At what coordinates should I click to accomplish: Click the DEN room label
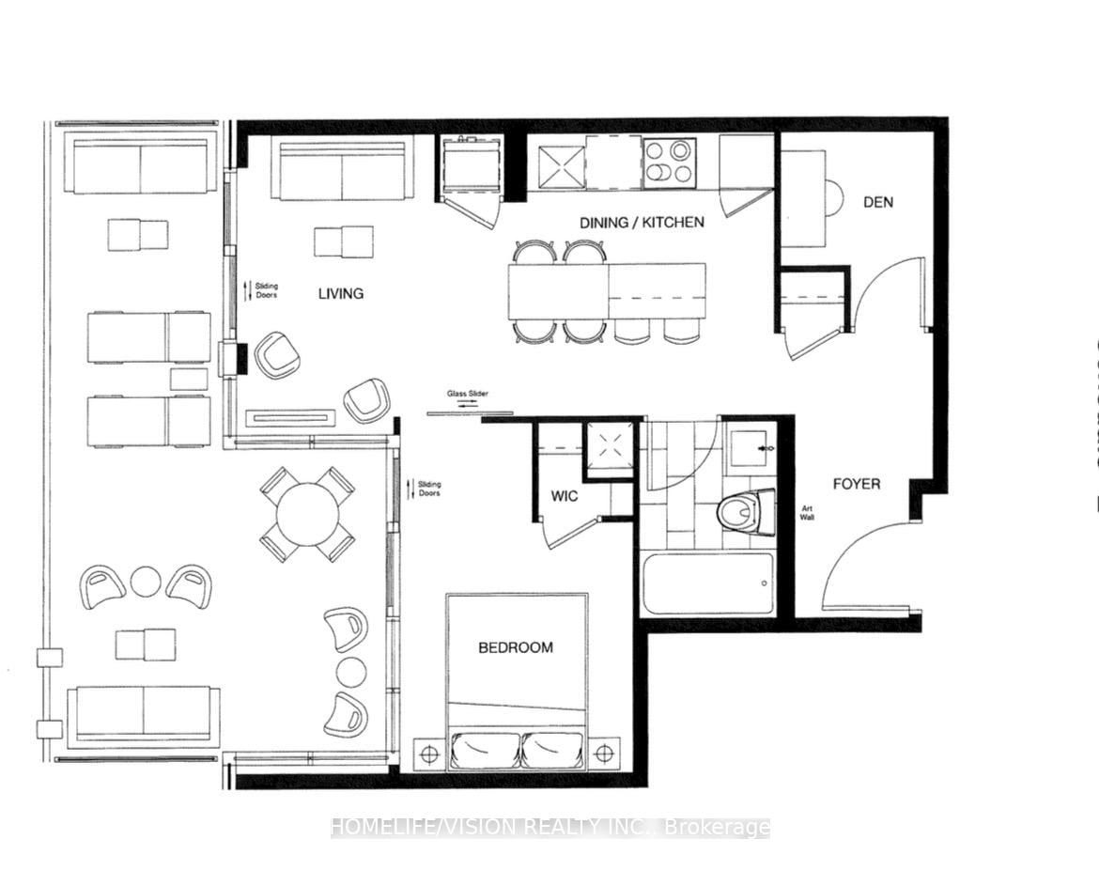point(878,202)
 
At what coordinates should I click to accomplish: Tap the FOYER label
point(857,484)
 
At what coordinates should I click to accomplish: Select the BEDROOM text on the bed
point(516,647)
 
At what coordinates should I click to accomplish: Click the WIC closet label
point(565,495)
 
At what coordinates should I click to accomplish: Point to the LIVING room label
point(340,294)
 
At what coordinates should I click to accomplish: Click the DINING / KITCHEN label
point(642,223)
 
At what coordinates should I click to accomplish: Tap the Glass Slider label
point(468,395)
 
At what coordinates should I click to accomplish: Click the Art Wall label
point(807,513)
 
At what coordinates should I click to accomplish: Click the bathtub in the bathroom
point(708,583)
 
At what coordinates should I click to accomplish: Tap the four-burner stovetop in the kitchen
point(671,163)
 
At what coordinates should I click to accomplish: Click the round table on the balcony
point(307,514)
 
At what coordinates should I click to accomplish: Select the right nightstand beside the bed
point(603,753)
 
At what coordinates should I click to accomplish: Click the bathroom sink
point(751,447)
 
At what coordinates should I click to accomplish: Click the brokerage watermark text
point(549,828)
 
